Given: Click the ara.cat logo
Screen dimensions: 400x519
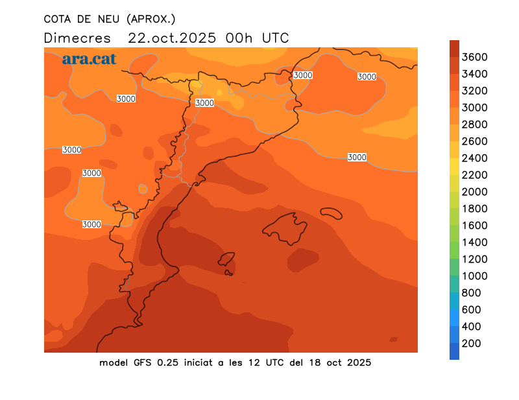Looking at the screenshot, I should tap(89, 59).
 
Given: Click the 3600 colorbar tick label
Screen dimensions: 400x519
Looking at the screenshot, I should tap(475, 57).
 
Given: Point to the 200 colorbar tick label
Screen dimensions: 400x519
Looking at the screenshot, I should tap(471, 343).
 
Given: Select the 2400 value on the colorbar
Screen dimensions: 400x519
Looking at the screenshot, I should tap(475, 158).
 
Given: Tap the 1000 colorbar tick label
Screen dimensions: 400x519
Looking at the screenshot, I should tap(475, 276).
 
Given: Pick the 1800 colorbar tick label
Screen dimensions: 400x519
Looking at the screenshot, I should tap(475, 209).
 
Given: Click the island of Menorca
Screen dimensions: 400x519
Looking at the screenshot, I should tap(331, 213).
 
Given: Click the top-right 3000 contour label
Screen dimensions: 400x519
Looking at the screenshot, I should tap(367, 76).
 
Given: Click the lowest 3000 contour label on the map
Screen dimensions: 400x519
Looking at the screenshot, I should tap(91, 224).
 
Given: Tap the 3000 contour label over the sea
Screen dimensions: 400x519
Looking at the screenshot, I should tap(357, 158).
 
